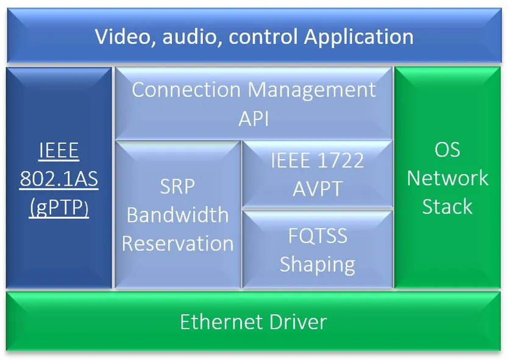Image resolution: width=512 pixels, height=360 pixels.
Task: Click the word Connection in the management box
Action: pos(187,90)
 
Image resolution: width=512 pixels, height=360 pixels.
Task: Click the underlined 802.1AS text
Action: pos(59,179)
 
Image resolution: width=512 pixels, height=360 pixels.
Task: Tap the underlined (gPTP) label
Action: pos(59,207)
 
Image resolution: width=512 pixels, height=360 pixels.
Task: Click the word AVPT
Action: pos(317,188)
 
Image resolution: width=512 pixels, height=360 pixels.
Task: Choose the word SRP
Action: pos(177,186)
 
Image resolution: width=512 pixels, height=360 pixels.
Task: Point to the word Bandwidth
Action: pos(177,215)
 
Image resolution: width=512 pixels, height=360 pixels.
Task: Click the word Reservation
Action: pos(177,244)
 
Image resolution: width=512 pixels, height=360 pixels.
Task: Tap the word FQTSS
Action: pos(317,236)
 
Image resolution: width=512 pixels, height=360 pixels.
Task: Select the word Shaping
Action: pos(317,264)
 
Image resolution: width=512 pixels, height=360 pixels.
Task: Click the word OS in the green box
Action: pos(447,150)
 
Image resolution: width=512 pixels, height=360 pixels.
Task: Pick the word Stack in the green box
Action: pos(447,206)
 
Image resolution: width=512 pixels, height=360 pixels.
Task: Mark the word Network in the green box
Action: pos(447,178)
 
